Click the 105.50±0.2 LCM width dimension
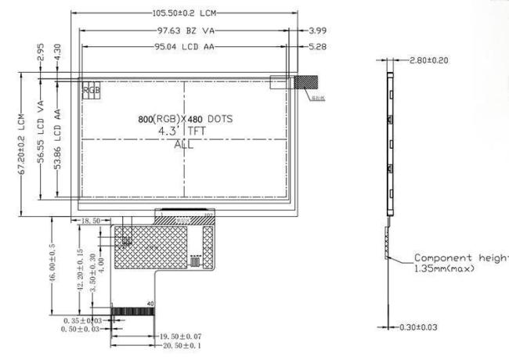187,14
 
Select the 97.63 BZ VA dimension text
183,31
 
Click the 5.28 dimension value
319,47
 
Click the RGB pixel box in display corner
92,90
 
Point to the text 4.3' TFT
185,131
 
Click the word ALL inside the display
185,145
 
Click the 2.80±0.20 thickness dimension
428,61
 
